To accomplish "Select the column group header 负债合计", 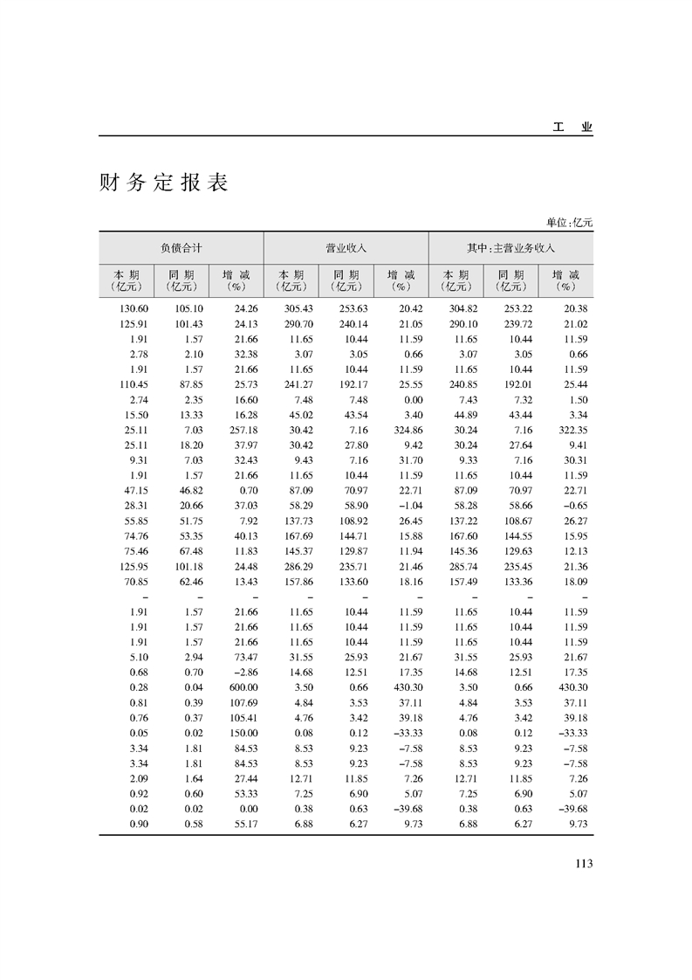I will [181, 248].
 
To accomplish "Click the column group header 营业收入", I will [346, 248].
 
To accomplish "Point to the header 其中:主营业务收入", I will [511, 248].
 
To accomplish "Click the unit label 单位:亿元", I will [570, 223].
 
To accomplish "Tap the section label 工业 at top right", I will [572, 128].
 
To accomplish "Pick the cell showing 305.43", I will [300, 309].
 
